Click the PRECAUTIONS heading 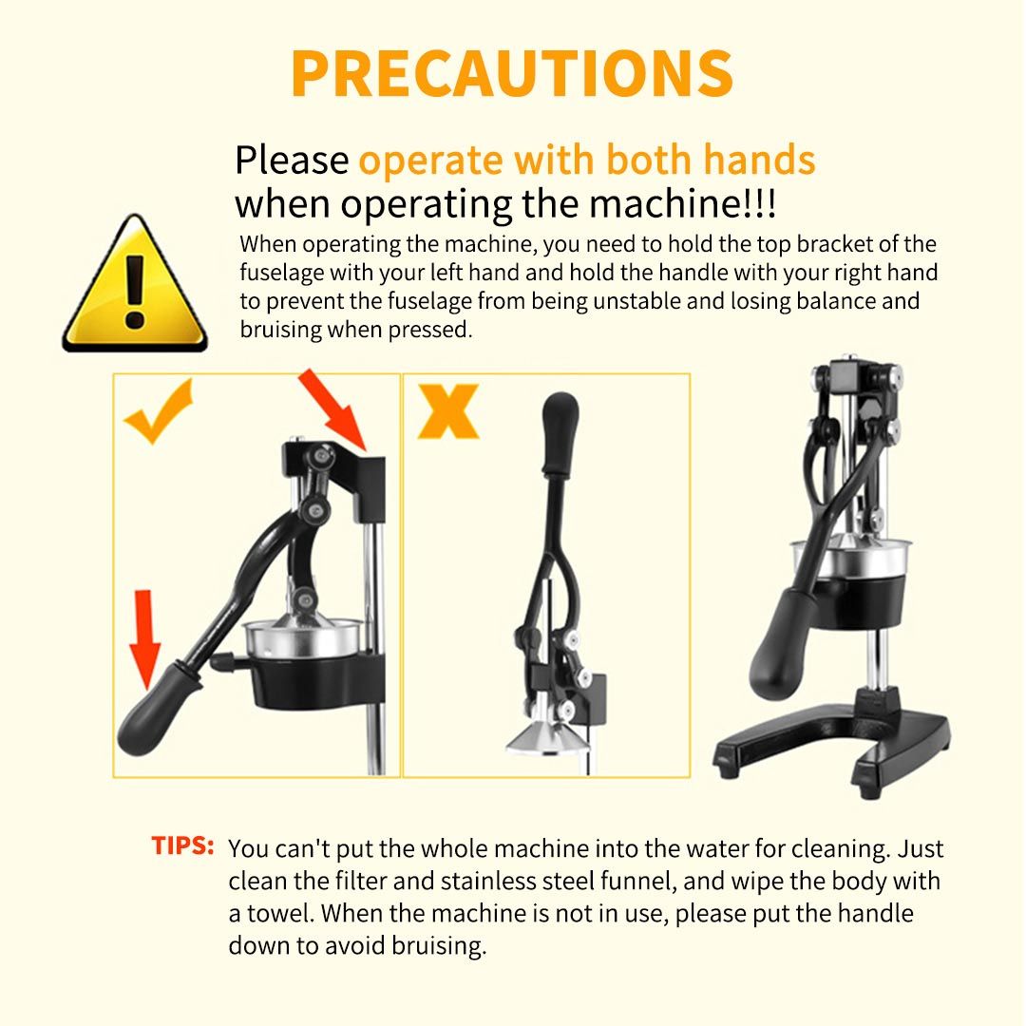pyautogui.click(x=512, y=73)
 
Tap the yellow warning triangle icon pyautogui.click(x=135, y=283)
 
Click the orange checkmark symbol pyautogui.click(x=159, y=412)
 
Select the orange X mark pyautogui.click(x=448, y=410)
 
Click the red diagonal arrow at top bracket pyautogui.click(x=332, y=410)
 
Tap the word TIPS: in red pyautogui.click(x=182, y=845)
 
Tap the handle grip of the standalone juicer pyautogui.click(x=781, y=644)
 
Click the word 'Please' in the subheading pyautogui.click(x=292, y=161)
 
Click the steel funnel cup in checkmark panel pyautogui.click(x=303, y=638)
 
